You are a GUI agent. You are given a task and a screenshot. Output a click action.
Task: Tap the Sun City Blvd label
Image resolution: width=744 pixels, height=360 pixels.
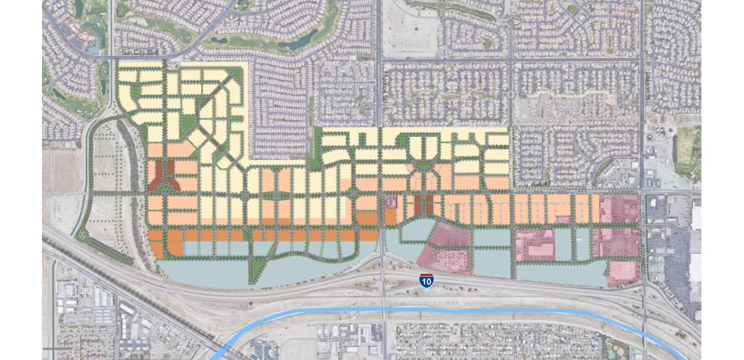140,53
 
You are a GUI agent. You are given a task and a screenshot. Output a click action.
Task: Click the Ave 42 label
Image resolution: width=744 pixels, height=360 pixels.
541,184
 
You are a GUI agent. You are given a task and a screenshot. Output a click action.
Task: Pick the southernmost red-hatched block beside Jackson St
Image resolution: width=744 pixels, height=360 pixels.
624,272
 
